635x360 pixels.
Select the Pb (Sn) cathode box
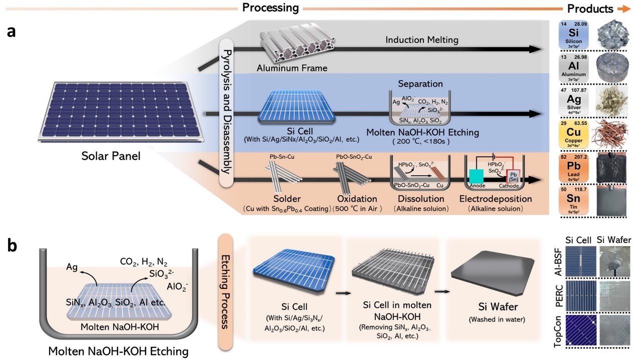(514, 178)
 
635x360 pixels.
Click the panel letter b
(15, 246)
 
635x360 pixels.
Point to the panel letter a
(15, 32)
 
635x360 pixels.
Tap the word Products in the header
(590, 9)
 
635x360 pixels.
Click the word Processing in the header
(270, 8)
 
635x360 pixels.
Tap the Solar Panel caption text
(111, 156)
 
